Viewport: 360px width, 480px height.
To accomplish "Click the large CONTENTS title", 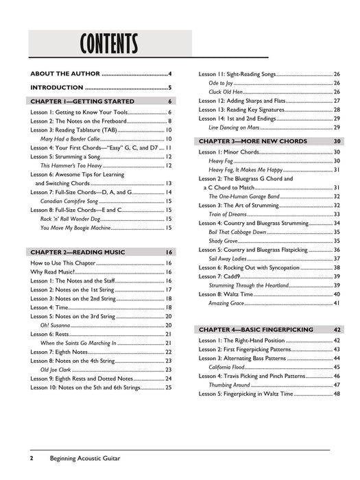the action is (x=109, y=45).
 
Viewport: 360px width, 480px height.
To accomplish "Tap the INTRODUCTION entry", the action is (x=57, y=87).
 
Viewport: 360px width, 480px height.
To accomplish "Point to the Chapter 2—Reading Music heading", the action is (x=77, y=252).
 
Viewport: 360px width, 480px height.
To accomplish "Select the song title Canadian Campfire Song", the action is (x=71, y=201).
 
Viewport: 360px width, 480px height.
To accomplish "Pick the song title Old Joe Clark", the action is (x=59, y=370).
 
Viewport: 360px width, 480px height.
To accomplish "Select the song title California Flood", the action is (x=230, y=367).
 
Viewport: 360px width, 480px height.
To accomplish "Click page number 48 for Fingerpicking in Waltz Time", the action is (x=337, y=394).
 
